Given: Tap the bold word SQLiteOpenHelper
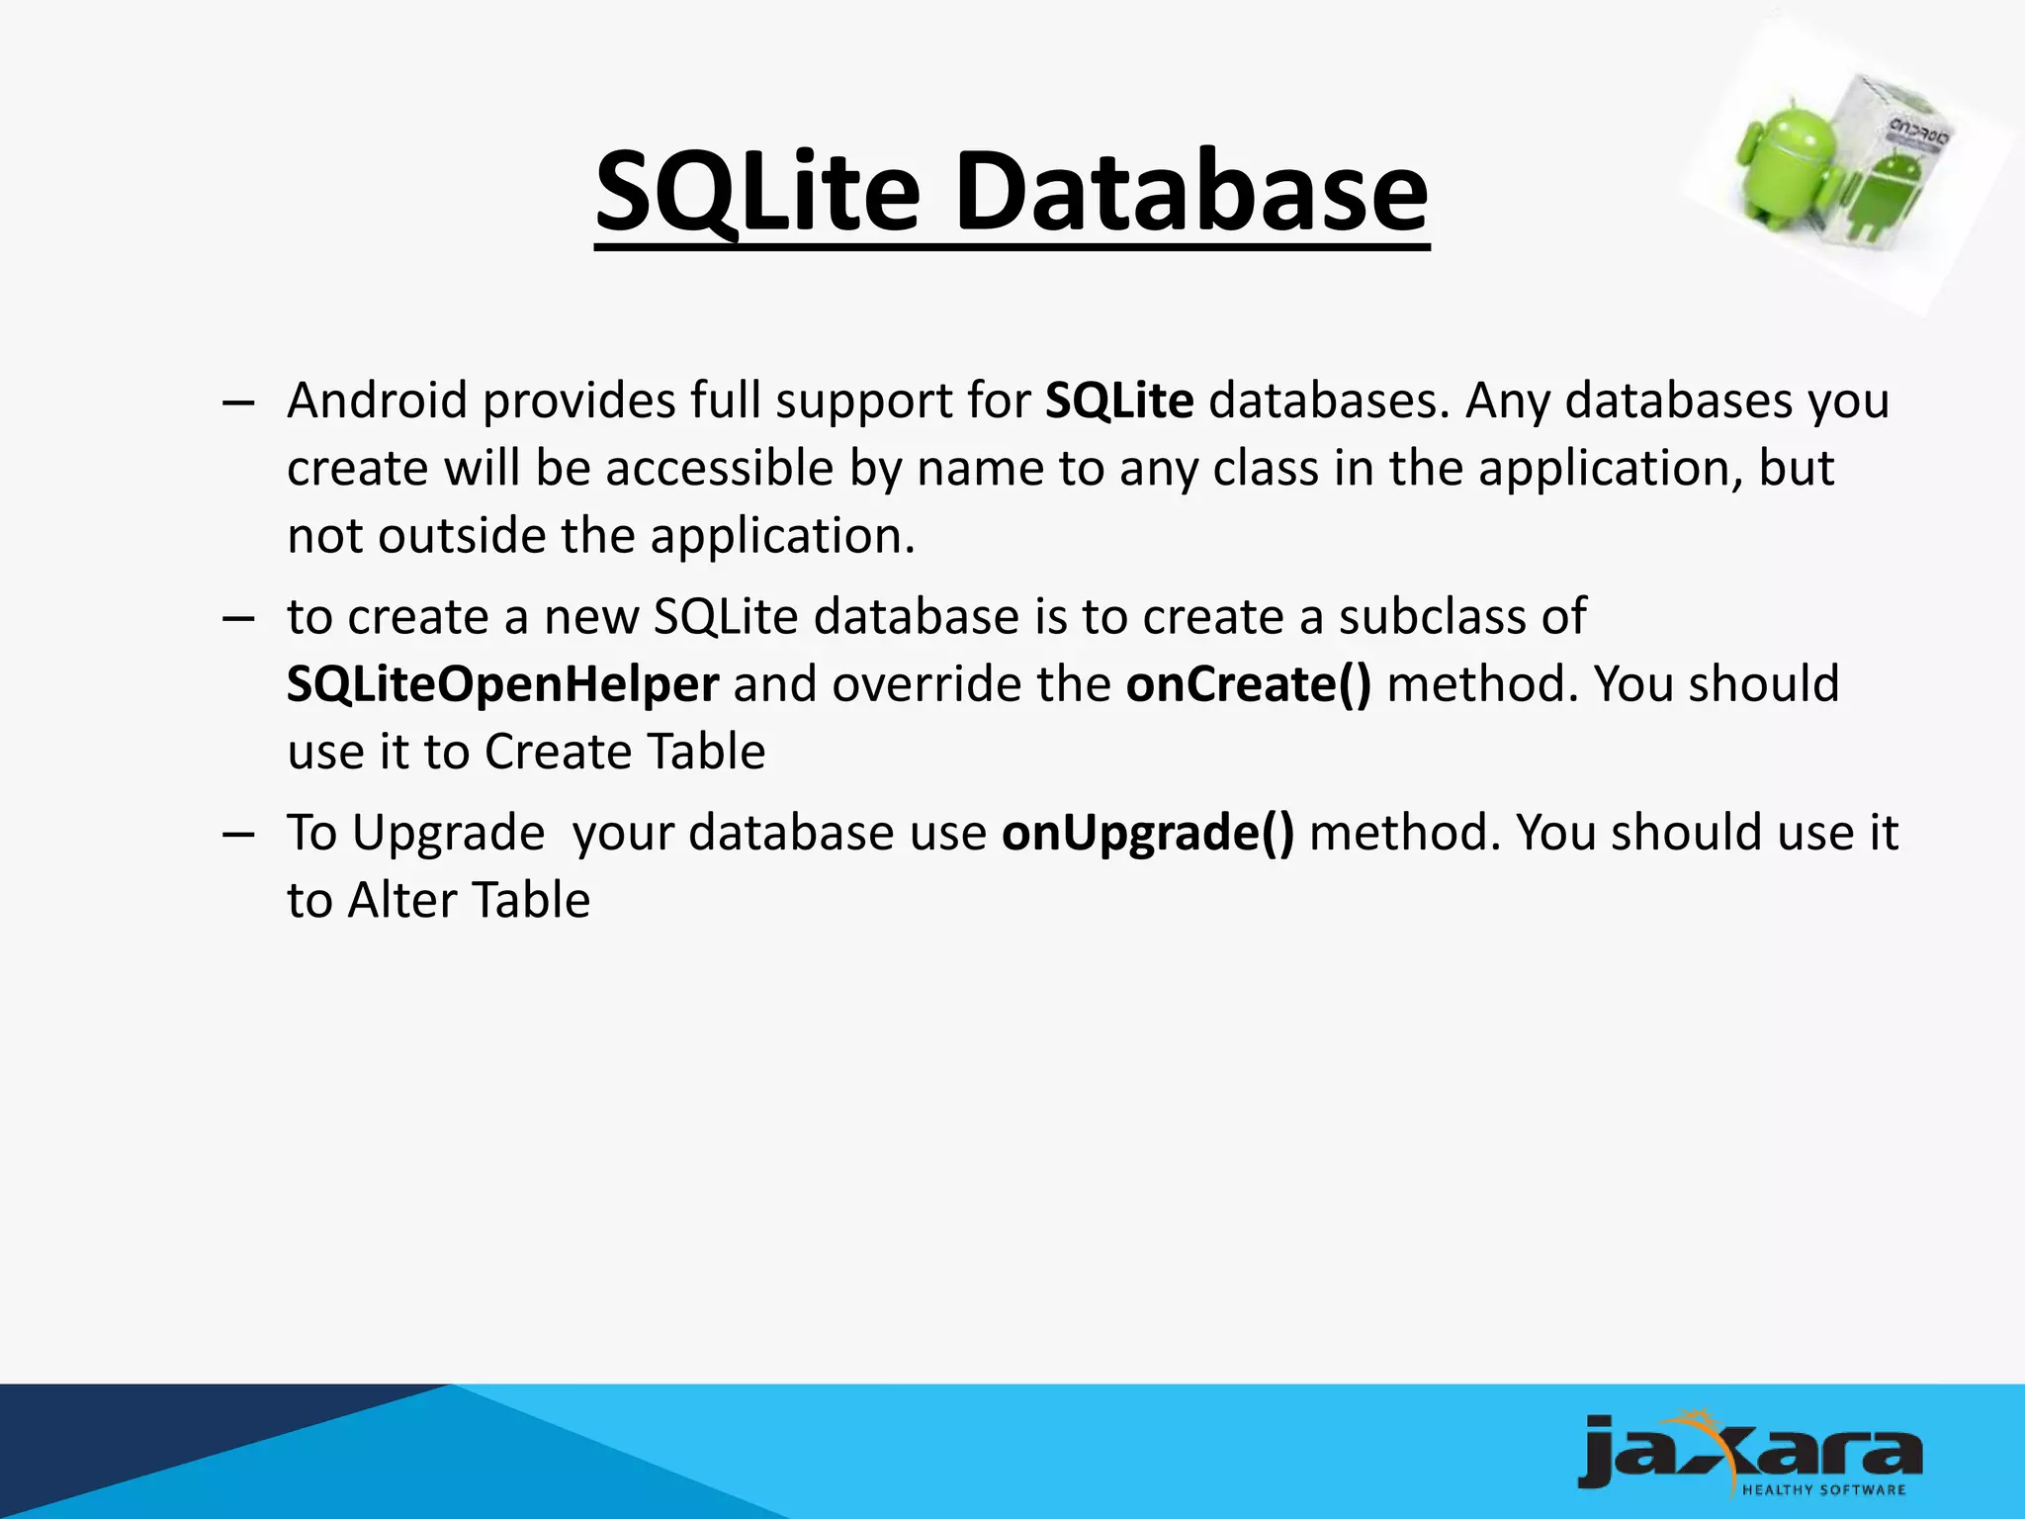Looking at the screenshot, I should (502, 684).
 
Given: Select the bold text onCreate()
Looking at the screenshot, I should (1248, 684).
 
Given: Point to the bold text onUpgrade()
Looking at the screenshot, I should (1147, 833).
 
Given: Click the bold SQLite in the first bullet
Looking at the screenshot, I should (1119, 402).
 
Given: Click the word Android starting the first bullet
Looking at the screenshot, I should (377, 402).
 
